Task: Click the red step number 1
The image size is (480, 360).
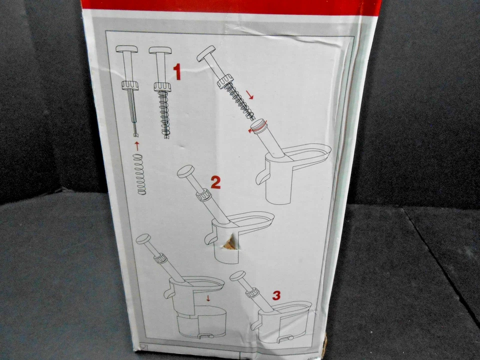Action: click(x=176, y=72)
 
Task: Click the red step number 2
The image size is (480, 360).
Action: click(x=215, y=182)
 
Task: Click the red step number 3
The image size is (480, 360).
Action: click(x=276, y=295)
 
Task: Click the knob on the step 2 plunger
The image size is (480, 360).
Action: click(x=185, y=172)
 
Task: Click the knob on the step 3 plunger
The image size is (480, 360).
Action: click(x=237, y=275)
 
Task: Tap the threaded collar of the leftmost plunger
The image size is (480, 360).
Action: click(x=129, y=86)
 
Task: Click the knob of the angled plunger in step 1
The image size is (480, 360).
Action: click(x=206, y=52)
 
